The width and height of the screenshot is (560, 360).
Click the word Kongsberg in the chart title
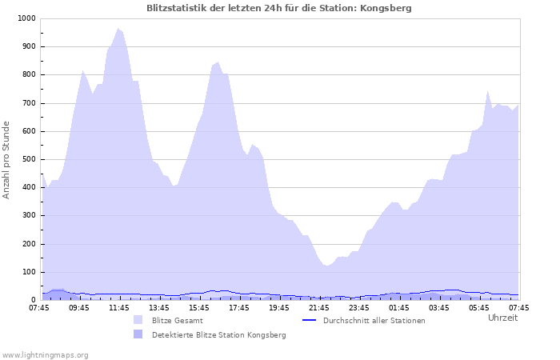387,8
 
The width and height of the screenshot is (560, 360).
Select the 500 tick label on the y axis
28,159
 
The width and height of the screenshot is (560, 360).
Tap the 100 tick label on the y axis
28,272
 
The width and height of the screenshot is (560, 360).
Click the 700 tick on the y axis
28,103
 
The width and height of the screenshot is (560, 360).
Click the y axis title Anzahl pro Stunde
7,159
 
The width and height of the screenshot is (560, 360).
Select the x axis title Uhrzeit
502,318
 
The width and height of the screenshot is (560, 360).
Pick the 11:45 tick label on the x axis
119,307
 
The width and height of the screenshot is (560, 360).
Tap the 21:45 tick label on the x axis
319,307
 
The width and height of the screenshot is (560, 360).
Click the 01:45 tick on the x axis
399,307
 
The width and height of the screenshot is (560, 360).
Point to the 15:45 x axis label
199,307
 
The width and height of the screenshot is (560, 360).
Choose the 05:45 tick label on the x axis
479,307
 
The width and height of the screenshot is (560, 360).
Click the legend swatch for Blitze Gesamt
138,320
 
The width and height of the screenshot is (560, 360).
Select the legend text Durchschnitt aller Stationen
374,321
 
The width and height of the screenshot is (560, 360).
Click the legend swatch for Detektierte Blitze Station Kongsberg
138,334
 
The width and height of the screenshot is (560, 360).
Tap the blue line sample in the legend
310,320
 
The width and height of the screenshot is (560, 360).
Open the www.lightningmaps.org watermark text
45,354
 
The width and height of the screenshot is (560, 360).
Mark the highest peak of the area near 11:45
118,29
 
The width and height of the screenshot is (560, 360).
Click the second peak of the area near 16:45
218,62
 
